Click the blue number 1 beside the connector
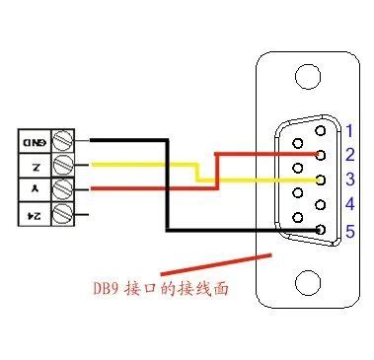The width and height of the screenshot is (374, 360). (347, 129)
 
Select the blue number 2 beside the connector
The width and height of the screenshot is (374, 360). (347, 155)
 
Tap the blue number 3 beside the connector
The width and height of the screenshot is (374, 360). (347, 180)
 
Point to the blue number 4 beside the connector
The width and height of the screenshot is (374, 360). (347, 205)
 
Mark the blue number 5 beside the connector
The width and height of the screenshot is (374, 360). (347, 231)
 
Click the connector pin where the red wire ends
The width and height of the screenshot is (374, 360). (320, 155)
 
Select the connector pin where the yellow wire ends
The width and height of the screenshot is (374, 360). (320, 180)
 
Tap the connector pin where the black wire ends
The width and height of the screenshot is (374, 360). (320, 231)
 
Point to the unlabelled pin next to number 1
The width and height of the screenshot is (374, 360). (320, 129)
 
